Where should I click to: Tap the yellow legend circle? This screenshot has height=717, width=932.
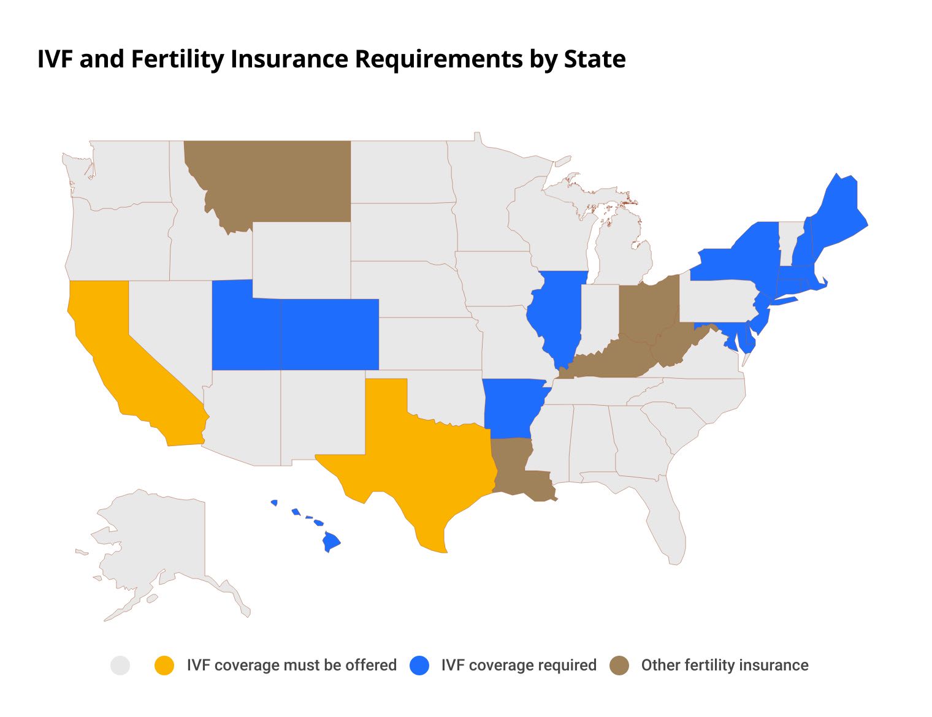(x=164, y=666)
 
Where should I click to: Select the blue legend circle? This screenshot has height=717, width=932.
(x=419, y=666)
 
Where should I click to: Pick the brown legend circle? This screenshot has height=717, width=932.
(x=620, y=666)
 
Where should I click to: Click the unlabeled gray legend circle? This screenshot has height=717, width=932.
(x=120, y=666)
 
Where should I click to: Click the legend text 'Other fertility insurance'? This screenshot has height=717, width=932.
(x=724, y=666)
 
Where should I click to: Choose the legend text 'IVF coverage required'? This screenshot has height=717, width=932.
(x=518, y=666)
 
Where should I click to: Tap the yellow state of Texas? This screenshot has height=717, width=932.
(x=423, y=466)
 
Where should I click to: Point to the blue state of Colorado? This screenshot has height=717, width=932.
(x=329, y=335)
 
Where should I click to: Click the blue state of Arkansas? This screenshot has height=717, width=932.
(x=512, y=408)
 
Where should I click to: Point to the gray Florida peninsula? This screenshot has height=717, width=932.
(x=668, y=527)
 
